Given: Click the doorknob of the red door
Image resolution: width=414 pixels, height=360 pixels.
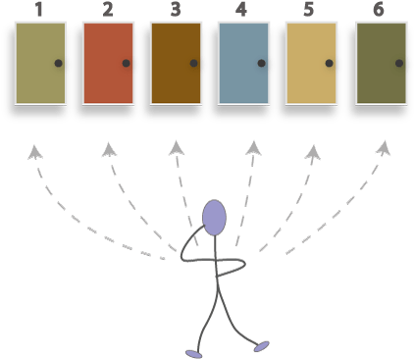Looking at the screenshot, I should (x=127, y=63).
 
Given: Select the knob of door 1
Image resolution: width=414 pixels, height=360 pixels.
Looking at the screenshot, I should (x=59, y=63).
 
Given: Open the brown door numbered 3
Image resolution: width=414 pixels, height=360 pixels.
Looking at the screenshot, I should (x=176, y=63).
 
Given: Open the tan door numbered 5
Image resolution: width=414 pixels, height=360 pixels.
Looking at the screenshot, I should (x=311, y=63).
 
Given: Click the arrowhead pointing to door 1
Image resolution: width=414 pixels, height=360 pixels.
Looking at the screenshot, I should (x=35, y=151).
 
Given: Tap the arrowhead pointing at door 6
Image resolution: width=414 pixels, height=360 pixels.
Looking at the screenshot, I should (x=384, y=149).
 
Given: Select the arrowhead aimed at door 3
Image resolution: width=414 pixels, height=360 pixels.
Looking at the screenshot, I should (x=177, y=147).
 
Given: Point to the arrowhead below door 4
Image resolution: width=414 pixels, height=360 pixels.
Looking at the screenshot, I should (x=253, y=147).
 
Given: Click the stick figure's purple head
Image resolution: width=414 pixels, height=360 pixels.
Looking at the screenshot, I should (x=214, y=217).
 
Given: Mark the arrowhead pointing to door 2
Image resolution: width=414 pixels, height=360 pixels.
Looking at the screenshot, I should (x=109, y=149).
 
